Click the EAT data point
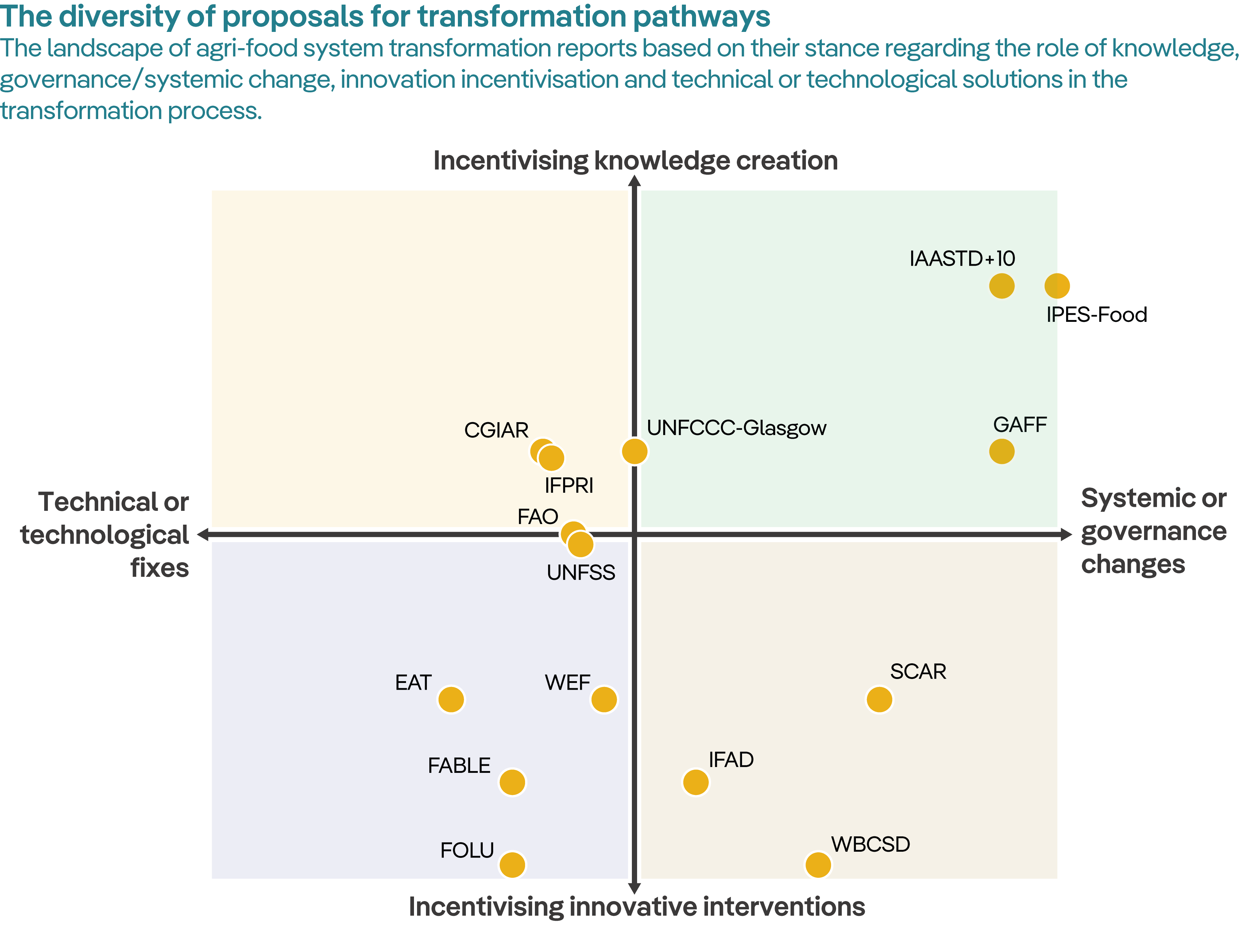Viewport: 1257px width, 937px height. (451, 699)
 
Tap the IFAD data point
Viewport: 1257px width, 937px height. (695, 782)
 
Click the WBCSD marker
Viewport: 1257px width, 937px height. (818, 865)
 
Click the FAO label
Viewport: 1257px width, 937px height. (537, 517)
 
